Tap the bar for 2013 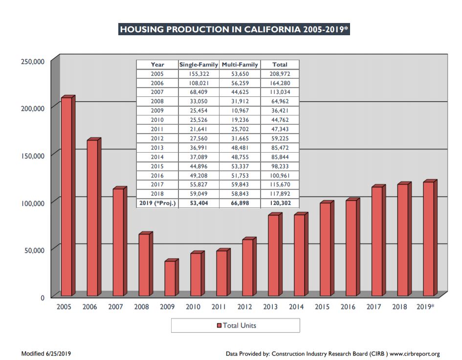coord(273,255)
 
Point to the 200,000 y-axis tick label coord(32,108)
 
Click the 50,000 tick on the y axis coord(34,250)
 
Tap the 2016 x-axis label coord(348,307)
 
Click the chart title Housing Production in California coord(234,29)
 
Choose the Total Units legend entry coord(236,325)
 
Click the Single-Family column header coord(198,65)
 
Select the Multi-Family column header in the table coord(240,65)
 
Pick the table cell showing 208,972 coord(280,74)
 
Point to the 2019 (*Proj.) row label coord(157,203)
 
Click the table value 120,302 coord(280,203)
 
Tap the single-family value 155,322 coord(198,74)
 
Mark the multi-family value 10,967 coord(240,111)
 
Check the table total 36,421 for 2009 coord(280,111)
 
